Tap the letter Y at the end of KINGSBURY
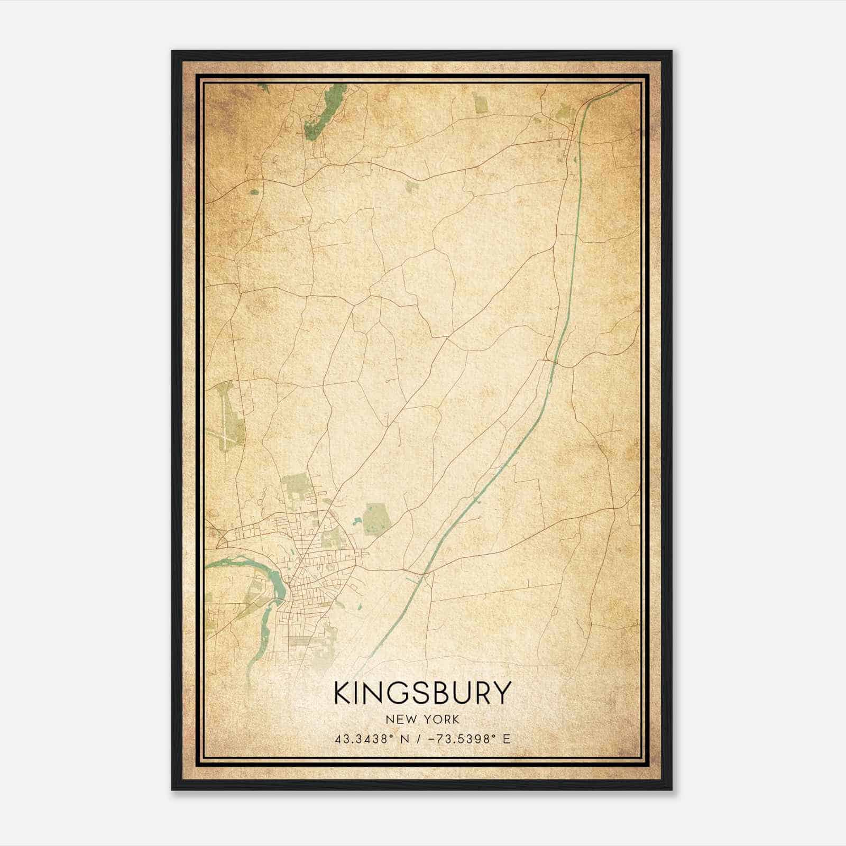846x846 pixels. click(x=503, y=693)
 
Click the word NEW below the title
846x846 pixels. click(x=399, y=719)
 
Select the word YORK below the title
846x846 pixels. click(x=441, y=719)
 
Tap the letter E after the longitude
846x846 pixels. click(x=507, y=739)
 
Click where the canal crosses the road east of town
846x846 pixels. click(x=425, y=573)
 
